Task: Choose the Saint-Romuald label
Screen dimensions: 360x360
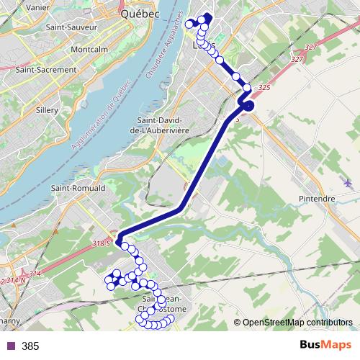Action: (78, 188)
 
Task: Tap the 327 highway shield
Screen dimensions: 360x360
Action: (311, 47)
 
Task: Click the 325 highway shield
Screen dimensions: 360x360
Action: (263, 87)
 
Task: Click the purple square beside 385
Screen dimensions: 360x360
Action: (10, 346)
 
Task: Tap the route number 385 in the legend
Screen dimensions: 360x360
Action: (30, 346)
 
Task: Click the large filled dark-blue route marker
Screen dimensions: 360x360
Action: (248, 107)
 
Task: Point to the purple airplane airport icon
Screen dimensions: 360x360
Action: (348, 183)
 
